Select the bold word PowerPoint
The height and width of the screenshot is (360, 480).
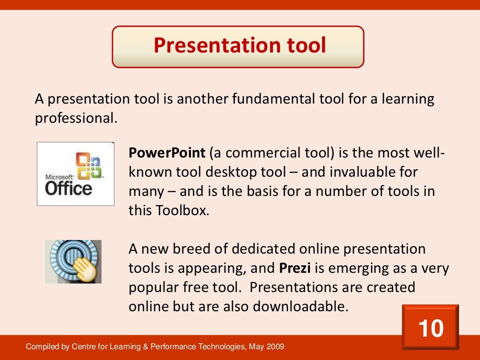[x=167, y=153]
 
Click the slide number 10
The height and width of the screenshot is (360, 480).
[x=430, y=328]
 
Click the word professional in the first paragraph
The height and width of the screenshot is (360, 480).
[x=75, y=119]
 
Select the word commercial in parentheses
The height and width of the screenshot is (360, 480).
[x=256, y=153]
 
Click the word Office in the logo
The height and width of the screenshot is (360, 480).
[x=68, y=188]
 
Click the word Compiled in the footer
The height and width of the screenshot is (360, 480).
[x=43, y=347]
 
